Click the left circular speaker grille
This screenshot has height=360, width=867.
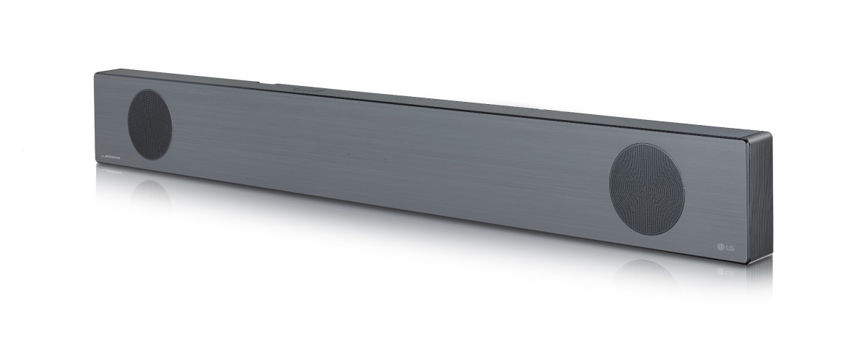click(x=150, y=124)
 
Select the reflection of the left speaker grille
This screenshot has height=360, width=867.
click(x=150, y=189)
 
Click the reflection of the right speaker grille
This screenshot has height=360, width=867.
click(x=647, y=270)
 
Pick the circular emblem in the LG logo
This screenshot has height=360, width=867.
click(x=720, y=249)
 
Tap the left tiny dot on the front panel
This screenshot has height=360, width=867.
click(x=348, y=154)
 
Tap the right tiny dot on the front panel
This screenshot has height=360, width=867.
click(x=385, y=158)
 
